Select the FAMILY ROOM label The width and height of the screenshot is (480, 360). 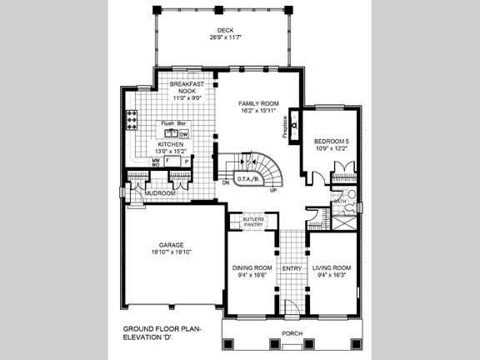[260, 103]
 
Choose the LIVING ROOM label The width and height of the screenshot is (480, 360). [332, 267]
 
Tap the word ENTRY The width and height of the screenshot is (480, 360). [292, 268]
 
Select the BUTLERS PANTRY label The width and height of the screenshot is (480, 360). [252, 222]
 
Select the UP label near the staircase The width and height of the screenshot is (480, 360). [273, 190]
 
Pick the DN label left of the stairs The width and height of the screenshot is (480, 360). [225, 182]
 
